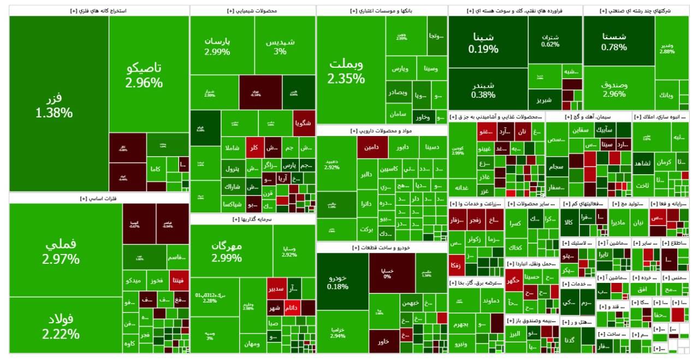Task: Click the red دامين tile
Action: [x=372, y=147]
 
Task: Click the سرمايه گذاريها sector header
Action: [x=252, y=219]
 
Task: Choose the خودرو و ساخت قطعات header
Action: [x=381, y=247]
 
